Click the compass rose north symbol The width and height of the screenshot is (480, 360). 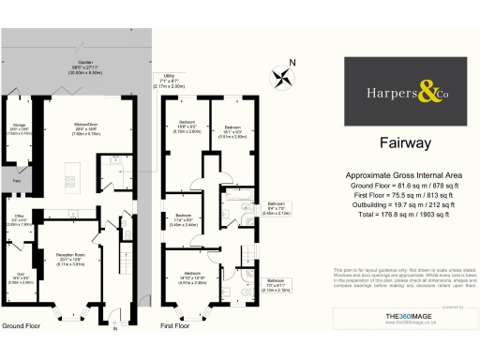(280, 74)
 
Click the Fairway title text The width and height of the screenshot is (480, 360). (405, 143)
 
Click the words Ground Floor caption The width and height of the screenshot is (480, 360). (21, 325)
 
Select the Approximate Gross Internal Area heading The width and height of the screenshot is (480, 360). (405, 176)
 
